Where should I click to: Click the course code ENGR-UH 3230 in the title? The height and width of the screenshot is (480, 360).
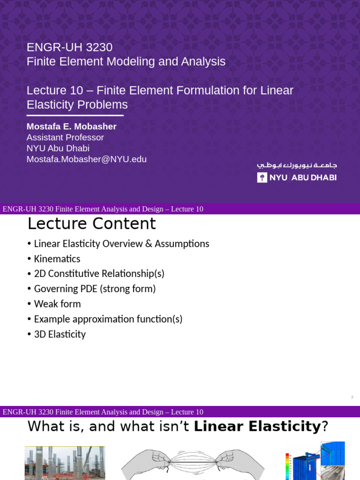point(69,47)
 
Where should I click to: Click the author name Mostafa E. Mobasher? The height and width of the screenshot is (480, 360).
point(71,127)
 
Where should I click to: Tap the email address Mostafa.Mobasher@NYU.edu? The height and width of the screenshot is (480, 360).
point(86,159)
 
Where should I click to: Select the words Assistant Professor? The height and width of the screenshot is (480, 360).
point(65,137)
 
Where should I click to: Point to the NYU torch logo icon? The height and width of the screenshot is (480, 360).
point(262,178)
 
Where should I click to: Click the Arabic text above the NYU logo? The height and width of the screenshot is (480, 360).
point(297,165)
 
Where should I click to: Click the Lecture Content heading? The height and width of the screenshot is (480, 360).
point(91,224)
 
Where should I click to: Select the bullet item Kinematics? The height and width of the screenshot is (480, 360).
point(57,259)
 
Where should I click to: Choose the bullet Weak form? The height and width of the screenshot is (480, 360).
point(57,304)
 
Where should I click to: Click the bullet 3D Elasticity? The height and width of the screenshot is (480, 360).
point(60,334)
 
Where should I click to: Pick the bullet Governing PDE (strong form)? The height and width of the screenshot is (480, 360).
point(95,289)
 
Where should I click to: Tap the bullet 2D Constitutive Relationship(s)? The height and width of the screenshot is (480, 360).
point(99,274)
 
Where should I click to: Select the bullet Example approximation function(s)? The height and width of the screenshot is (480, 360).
point(108,319)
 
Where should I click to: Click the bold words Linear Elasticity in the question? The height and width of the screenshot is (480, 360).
point(257,427)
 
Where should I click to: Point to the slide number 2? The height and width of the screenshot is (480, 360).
point(352,397)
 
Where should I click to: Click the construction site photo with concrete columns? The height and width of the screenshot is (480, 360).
point(65,463)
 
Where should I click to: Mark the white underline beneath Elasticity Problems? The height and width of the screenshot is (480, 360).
point(75,115)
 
